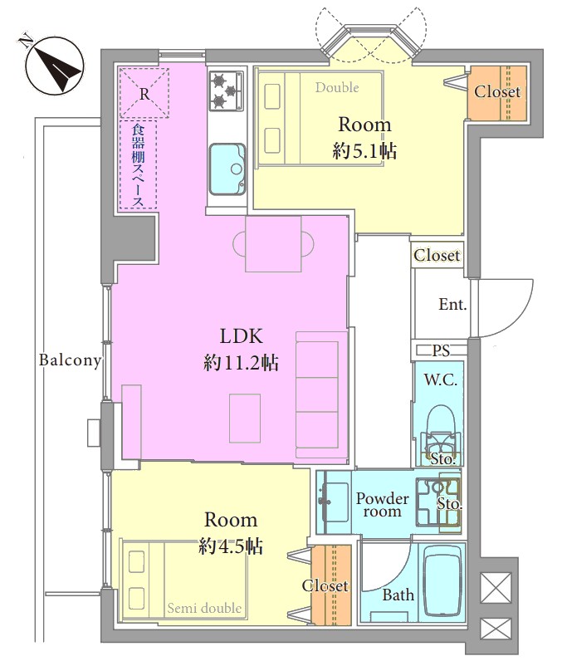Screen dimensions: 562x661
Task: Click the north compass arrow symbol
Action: pos(54,66)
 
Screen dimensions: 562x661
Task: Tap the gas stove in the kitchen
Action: pos(227,91)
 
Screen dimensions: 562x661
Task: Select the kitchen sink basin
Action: pos(227,169)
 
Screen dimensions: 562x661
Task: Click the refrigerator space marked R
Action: pos(144,93)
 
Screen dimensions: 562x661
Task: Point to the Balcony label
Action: pos(70,360)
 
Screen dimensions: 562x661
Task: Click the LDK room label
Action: pos(242,336)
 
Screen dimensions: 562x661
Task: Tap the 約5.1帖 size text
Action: pos(364,151)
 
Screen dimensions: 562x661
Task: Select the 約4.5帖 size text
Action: pos(231,546)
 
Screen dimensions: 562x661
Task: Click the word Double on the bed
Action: pos(337,88)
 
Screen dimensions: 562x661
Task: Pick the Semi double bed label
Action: pos(204,608)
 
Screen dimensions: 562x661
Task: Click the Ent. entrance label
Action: pos(452,304)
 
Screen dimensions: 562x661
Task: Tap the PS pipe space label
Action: pos(441,350)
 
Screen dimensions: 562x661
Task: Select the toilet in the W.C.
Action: pos(441,433)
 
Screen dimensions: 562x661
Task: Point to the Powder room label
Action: pos(382,505)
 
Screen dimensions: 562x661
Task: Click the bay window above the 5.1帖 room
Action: pos(371,42)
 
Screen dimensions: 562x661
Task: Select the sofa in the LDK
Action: pos(322,394)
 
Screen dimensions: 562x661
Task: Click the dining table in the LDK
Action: pos(273,243)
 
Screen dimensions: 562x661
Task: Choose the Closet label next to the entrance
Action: pos(437,255)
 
